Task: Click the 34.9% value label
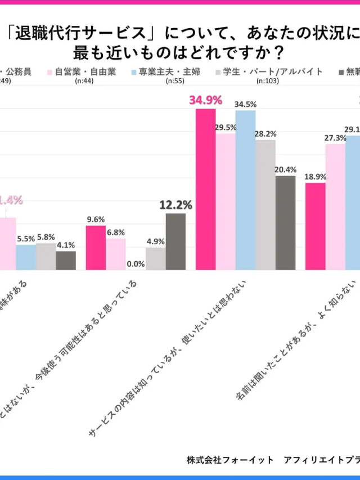coord(206,101)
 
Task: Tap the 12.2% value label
coord(176,205)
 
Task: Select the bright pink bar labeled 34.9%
coord(205,189)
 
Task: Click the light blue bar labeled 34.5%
coord(245,190)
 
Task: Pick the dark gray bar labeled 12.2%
coord(175,241)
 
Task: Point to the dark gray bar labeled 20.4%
coord(285,223)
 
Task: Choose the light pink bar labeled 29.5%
coord(226,201)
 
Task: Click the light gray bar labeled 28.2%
coord(265,205)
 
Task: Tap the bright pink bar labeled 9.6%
coord(96,248)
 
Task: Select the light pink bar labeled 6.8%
coord(115,254)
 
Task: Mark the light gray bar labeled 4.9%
coord(156,258)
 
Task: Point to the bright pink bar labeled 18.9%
coord(315,226)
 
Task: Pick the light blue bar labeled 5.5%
coord(25,257)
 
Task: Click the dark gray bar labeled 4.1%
coord(66,260)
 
